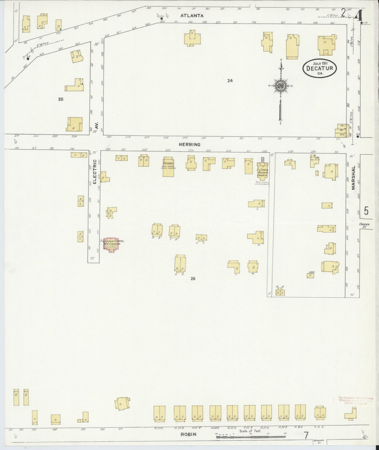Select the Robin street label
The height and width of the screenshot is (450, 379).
pos(188,434)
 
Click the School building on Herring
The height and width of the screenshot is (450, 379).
pos(168,167)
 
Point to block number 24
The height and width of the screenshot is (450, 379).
pos(230,81)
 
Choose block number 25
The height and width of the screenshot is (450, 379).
pos(61,99)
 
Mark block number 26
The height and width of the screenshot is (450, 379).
pos(193,279)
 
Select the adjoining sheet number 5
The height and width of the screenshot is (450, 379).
pos(366,211)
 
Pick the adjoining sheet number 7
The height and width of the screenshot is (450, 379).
pos(306,435)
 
